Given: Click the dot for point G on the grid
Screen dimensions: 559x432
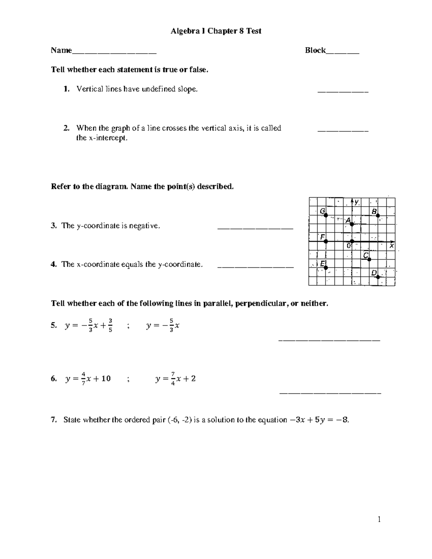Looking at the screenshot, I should [x=326, y=215].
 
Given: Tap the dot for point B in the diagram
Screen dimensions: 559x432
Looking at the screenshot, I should [x=378, y=215].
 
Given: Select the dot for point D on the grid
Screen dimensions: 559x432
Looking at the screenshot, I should [x=378, y=277].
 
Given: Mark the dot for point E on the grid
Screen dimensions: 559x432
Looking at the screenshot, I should [x=326, y=267].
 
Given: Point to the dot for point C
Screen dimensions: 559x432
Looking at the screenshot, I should [x=369, y=259].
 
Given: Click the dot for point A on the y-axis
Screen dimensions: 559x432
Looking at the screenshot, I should [x=352, y=224].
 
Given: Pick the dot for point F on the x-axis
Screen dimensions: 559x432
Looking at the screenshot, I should [x=326, y=241].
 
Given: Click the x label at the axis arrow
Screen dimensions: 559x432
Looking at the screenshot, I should [x=392, y=246].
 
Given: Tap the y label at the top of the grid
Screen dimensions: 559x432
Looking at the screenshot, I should [x=356, y=202].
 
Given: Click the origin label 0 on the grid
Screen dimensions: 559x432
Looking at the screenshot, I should [x=348, y=246].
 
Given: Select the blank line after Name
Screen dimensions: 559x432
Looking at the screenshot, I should [x=114, y=53].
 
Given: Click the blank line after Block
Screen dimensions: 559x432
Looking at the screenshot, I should [x=342, y=53].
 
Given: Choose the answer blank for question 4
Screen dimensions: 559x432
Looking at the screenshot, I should [x=256, y=267].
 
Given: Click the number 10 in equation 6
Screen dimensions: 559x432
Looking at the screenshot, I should [x=106, y=379].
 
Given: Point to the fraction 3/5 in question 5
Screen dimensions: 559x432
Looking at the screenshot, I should [x=110, y=325].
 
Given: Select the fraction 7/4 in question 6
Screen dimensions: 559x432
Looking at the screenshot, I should [x=173, y=379].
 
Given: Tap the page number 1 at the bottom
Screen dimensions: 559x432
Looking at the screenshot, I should [x=379, y=519].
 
